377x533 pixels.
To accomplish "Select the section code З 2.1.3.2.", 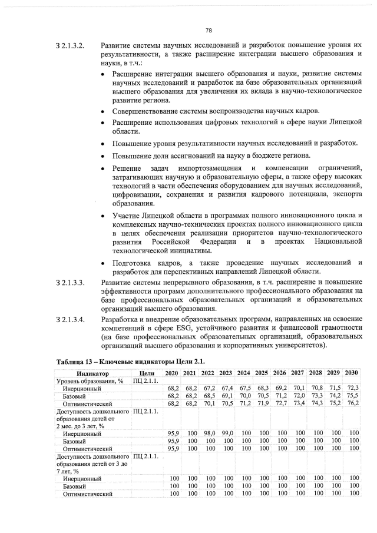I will point(70,45).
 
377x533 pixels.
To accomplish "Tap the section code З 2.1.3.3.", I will point(70,284).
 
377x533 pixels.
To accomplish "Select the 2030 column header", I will point(352,373).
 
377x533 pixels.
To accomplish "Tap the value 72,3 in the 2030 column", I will point(352,389).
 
